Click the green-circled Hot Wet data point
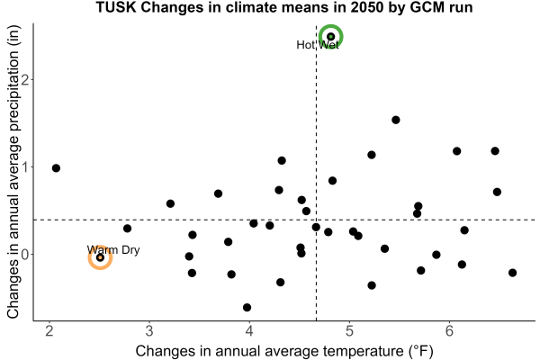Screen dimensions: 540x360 [x=330, y=37]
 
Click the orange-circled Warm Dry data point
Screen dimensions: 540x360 [x=100, y=257]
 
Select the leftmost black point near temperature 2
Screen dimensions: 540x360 [x=56, y=168]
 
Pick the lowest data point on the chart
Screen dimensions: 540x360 [x=247, y=307]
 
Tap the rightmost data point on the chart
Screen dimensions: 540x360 [x=512, y=273]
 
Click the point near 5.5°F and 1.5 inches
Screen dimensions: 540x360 [x=396, y=120]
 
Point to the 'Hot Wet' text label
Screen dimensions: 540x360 [x=318, y=45]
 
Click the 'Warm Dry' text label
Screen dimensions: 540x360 [x=113, y=250]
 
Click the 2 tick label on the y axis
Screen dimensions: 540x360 [x=25, y=79]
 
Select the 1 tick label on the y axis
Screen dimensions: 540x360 [x=25, y=167]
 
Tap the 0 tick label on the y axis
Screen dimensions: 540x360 [x=25, y=255]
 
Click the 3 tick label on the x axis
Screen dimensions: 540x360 [x=149, y=331]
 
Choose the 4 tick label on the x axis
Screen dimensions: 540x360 [x=249, y=331]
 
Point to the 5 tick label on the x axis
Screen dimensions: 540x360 [x=349, y=331]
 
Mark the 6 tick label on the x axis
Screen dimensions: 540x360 [x=449, y=331]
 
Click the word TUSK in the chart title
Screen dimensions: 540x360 [x=116, y=7]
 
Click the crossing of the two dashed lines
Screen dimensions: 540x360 [x=316, y=220]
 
